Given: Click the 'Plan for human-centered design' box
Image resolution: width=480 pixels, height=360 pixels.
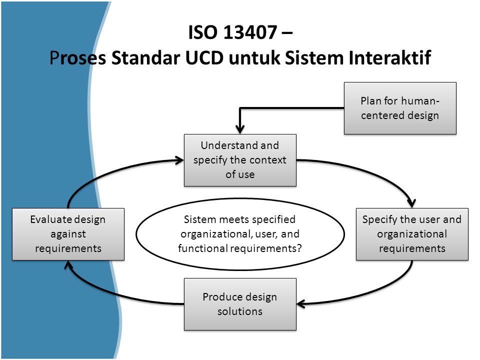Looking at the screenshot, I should (x=400, y=108).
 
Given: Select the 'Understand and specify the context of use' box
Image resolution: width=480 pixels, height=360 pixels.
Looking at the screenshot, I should (x=240, y=160).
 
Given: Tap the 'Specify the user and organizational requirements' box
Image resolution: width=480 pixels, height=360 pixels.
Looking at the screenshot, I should (x=412, y=234).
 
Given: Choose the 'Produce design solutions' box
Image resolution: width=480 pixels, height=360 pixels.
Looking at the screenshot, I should (x=240, y=304).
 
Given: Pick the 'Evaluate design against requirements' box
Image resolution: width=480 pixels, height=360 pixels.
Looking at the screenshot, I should (x=68, y=234).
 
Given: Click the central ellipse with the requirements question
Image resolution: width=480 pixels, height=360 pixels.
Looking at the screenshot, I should (x=240, y=234).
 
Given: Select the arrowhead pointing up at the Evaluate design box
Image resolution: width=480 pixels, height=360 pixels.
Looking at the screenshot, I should (x=68, y=266).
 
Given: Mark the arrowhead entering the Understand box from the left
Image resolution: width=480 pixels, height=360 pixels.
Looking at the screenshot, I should (x=179, y=160).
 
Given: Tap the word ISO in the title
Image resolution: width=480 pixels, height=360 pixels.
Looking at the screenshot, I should (x=203, y=33).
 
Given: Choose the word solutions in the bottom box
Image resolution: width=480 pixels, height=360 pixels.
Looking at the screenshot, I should (x=240, y=311).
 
